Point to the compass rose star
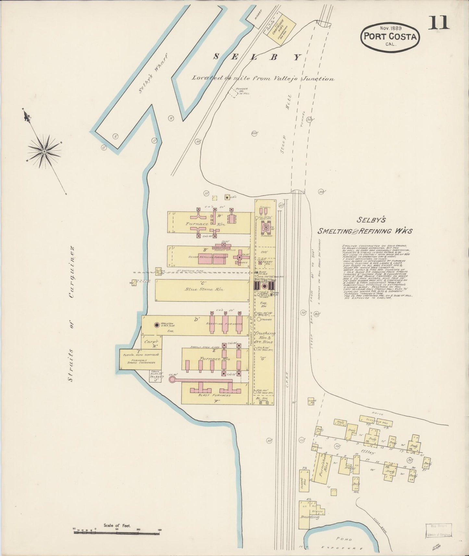pyautogui.click(x=44, y=151)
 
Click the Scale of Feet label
pyautogui.click(x=117, y=525)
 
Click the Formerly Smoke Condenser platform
pyautogui.click(x=140, y=359)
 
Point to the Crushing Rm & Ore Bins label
pyautogui.click(x=265, y=337)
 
